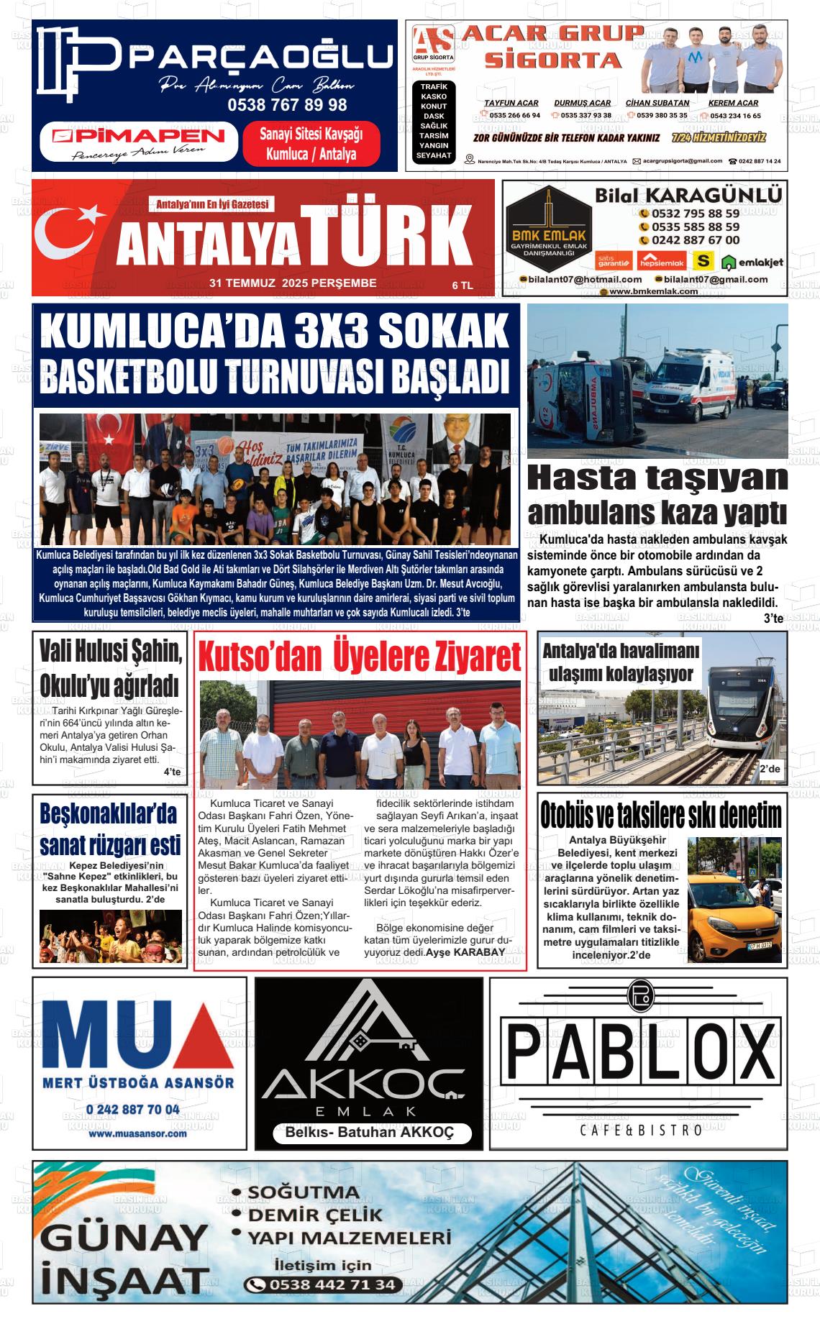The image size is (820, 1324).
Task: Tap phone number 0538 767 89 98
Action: pos(287,105)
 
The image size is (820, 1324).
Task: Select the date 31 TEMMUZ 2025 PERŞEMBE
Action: pos(292,283)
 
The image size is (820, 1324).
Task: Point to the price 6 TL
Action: pos(463,286)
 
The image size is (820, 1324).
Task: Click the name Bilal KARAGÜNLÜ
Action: pos(688,196)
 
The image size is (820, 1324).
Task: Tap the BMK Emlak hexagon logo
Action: pos(549,228)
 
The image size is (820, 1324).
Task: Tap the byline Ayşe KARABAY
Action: pos(465,952)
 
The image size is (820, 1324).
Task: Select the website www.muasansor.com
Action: pos(137,1133)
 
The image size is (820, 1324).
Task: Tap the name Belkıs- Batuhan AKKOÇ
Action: pos(369,1132)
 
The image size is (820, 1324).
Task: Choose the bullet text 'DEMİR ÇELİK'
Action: pos(315,1215)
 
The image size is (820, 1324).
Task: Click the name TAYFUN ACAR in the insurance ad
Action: pos(511,103)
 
